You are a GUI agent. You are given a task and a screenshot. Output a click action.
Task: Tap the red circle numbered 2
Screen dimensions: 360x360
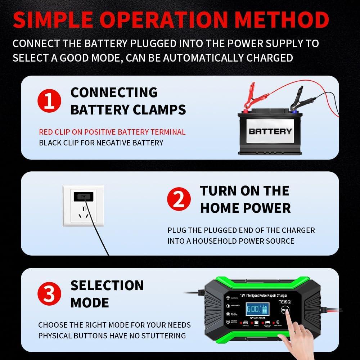(x=179, y=200)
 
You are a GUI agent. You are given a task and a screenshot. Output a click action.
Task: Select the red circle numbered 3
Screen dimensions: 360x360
(x=49, y=294)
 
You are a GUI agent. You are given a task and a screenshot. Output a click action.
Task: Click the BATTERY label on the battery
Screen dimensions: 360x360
(x=270, y=131)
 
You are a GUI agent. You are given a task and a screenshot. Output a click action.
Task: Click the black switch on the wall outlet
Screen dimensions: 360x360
(x=83, y=197)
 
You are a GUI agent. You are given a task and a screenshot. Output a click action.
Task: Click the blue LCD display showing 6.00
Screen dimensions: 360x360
(x=256, y=309)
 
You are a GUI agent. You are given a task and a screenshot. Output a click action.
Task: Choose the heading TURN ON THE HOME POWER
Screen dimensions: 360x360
(x=245, y=199)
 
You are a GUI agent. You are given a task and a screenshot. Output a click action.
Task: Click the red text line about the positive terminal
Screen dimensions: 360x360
(x=112, y=132)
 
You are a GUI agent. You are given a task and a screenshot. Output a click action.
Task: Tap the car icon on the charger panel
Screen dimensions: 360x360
(x=246, y=323)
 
